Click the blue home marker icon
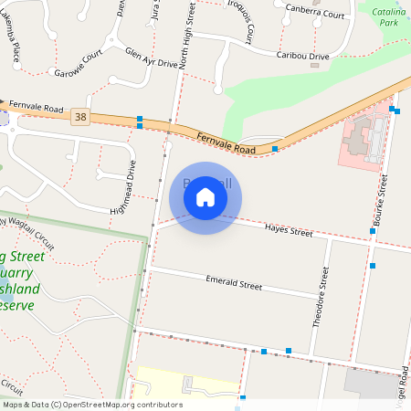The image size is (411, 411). point(205,196)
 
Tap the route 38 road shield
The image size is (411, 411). point(81,116)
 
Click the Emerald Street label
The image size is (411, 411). point(234,283)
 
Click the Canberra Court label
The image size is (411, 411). point(314,14)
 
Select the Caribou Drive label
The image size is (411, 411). point(302,56)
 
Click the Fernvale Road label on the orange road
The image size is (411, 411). point(226,142)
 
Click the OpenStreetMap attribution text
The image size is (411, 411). point(91,405)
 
